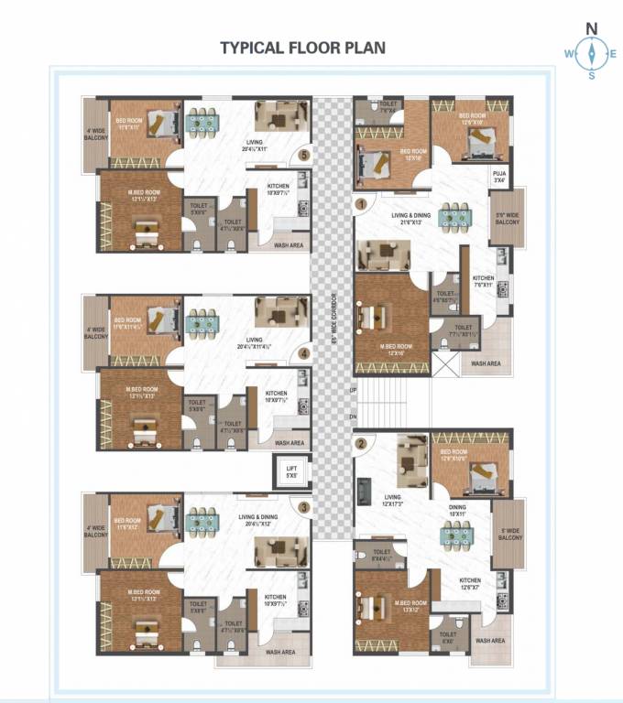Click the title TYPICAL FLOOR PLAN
coord(302,48)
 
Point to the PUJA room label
coord(500,177)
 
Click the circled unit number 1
coord(362,203)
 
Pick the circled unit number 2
coord(361,444)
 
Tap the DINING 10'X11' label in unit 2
coord(457,511)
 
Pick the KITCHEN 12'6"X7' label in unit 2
coord(470,584)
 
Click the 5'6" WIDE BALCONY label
coord(507,219)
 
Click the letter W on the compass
coord(569,53)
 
